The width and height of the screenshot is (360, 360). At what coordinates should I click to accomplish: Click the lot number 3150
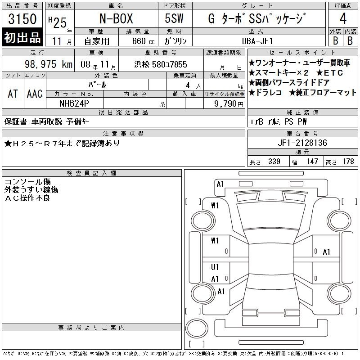point(22,19)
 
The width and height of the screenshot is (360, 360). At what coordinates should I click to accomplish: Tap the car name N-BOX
point(116,18)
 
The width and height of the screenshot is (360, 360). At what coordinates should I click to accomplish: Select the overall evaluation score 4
point(343,18)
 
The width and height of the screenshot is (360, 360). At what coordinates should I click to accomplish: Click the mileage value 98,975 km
point(49,64)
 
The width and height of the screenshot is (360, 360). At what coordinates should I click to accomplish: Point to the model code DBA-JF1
point(257,41)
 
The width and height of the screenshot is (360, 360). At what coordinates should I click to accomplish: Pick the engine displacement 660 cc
point(144,41)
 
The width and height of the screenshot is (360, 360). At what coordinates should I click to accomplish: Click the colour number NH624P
point(74,103)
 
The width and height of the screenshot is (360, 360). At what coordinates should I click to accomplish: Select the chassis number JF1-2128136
point(302,143)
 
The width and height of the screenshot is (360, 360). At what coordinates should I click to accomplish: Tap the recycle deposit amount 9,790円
point(229,104)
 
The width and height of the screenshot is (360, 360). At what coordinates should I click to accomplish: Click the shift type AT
point(13,94)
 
